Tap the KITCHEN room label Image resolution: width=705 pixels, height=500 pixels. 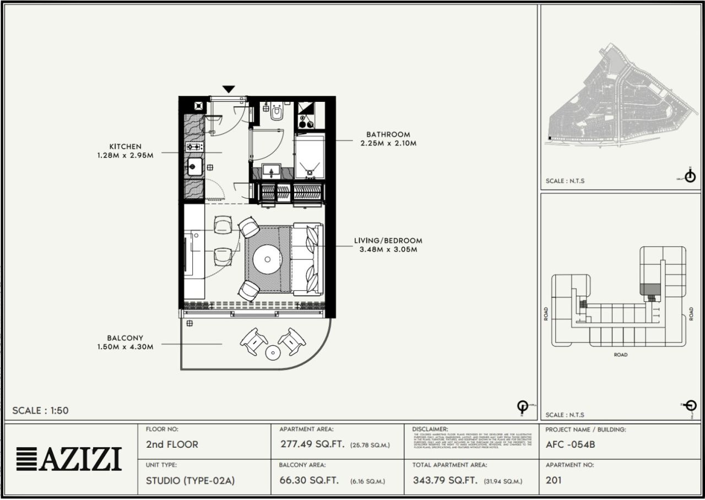pos(125,147)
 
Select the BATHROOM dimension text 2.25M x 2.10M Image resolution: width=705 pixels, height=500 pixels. pos(388,143)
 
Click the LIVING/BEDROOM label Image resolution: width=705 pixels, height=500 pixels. pos(388,241)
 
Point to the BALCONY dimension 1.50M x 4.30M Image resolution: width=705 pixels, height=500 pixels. pos(125,347)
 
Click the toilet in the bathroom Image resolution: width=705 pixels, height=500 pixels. pos(276,113)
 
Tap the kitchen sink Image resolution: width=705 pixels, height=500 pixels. pos(194,166)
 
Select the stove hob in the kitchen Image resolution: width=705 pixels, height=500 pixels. pos(194,147)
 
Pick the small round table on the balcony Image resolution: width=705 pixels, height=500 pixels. pos(273,353)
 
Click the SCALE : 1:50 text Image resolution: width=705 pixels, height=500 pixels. pos(40,411)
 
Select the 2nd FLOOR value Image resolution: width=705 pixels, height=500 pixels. pos(172,444)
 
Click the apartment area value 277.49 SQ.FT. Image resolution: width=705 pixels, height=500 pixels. pos(312,444)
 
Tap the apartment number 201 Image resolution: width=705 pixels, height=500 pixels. pos(554,480)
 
